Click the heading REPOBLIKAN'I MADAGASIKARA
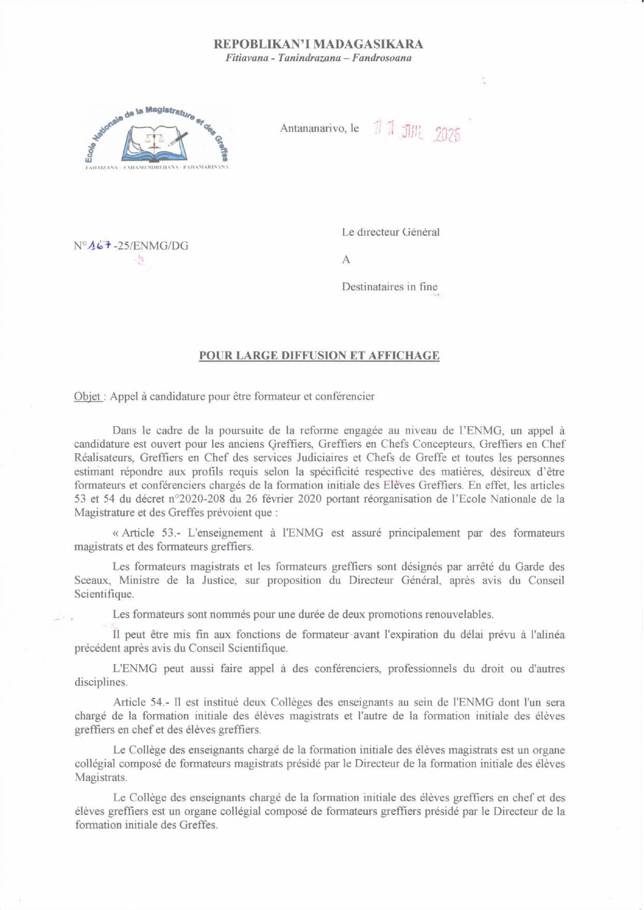(318, 45)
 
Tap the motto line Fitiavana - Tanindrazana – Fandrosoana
(318, 58)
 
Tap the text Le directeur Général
(390, 232)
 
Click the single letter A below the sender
(346, 260)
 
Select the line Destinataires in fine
(389, 287)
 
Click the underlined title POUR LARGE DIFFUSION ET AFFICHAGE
(319, 356)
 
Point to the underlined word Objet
(88, 397)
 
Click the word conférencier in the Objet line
(345, 397)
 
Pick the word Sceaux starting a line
(91, 580)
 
